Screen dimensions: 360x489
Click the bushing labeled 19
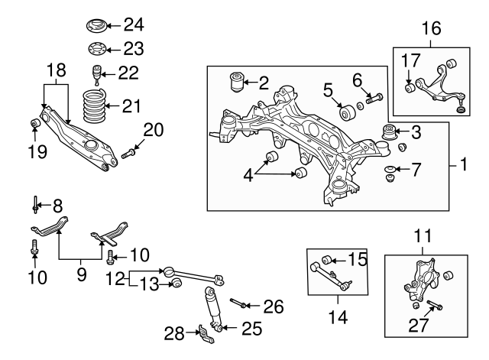click(34, 125)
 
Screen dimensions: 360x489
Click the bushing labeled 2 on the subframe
click(236, 79)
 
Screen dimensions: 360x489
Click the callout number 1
click(464, 164)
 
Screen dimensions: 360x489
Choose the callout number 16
click(431, 28)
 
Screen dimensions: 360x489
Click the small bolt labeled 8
click(36, 205)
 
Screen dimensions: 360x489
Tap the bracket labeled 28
click(204, 333)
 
